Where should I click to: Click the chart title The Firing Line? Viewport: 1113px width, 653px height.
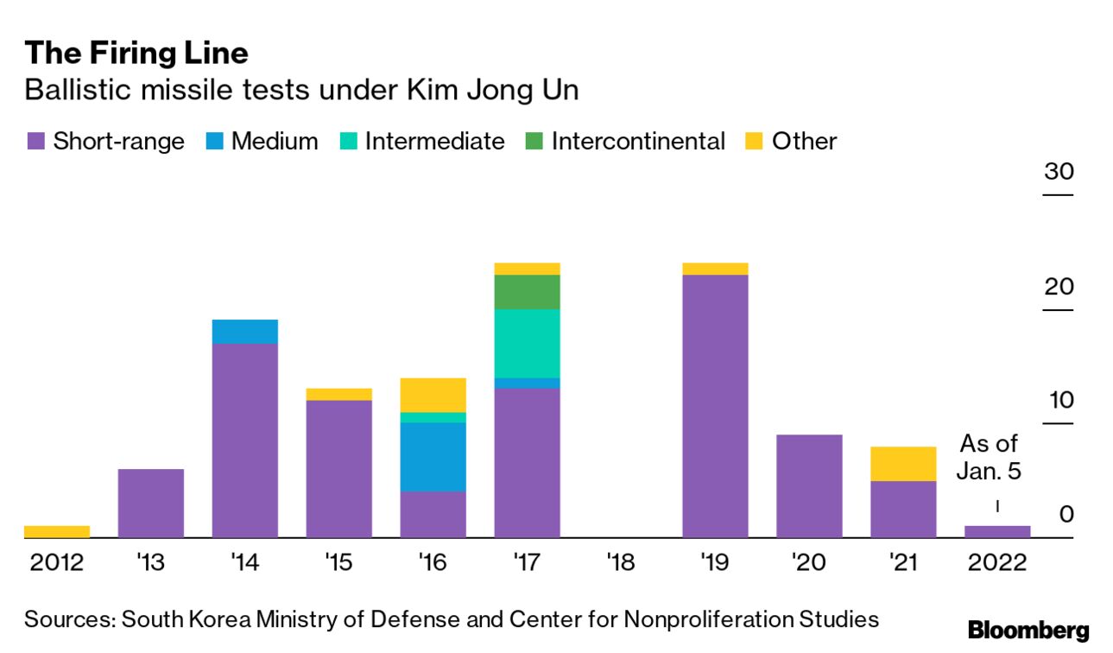coord(136,54)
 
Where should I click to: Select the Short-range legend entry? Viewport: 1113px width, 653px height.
coord(105,142)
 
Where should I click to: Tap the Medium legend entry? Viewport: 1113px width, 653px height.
coord(262,142)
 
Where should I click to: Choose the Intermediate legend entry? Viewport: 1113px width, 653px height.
coord(422,142)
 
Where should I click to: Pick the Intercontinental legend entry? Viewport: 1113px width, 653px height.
coord(626,142)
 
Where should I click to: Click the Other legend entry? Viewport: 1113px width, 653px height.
coord(792,142)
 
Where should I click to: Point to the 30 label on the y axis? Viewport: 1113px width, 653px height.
coord(1059,171)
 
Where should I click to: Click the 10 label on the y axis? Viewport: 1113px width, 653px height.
coord(1059,400)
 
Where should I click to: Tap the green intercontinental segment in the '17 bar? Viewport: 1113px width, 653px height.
coord(527,292)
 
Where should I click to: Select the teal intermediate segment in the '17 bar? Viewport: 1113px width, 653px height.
coord(527,343)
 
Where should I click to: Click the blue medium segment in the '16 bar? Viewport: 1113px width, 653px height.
coord(433,457)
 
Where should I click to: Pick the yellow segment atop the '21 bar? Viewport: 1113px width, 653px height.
coord(902,464)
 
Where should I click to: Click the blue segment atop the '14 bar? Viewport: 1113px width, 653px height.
coord(244,332)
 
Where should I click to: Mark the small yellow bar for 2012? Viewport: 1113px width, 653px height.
coord(57,531)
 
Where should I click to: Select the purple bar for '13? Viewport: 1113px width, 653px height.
coord(150,503)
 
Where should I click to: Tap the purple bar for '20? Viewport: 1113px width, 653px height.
coord(809,485)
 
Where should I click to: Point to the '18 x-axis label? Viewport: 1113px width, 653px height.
coord(620,563)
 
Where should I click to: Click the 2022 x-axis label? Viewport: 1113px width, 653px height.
coord(997,563)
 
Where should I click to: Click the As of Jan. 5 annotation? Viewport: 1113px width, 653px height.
coord(989,458)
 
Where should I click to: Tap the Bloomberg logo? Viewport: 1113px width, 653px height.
coord(1028,631)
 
